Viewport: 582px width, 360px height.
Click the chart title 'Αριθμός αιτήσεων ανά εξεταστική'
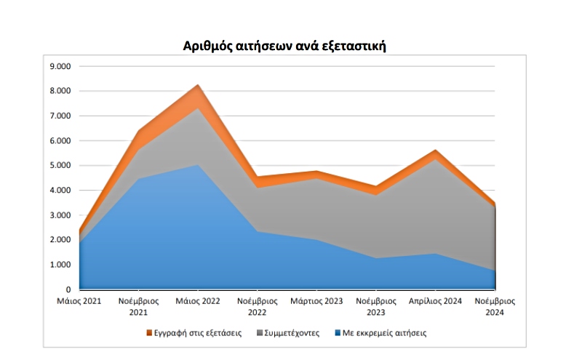pos(284,46)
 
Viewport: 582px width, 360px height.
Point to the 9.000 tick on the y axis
pos(59,66)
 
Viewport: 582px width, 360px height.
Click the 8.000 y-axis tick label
pos(59,91)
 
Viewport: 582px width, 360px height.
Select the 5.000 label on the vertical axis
pos(59,165)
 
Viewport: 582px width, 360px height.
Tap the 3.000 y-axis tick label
pos(59,215)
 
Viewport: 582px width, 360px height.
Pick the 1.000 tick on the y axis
pos(59,265)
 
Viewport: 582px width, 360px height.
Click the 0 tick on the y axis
pos(66,289)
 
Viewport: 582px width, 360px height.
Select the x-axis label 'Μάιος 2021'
pos(79,300)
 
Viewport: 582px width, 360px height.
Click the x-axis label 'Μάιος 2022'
pos(198,300)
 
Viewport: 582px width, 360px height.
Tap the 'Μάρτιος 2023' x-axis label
pos(316,300)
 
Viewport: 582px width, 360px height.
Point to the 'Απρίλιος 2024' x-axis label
pos(435,300)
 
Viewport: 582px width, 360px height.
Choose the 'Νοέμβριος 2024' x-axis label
pos(495,305)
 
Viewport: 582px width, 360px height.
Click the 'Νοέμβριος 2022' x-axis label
pos(258,305)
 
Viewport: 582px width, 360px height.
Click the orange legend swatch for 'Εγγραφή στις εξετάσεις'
pos(150,333)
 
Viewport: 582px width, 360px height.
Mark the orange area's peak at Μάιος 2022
pos(198,86)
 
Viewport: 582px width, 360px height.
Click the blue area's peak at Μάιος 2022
pos(198,165)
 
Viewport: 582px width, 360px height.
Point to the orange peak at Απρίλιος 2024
pos(435,151)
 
